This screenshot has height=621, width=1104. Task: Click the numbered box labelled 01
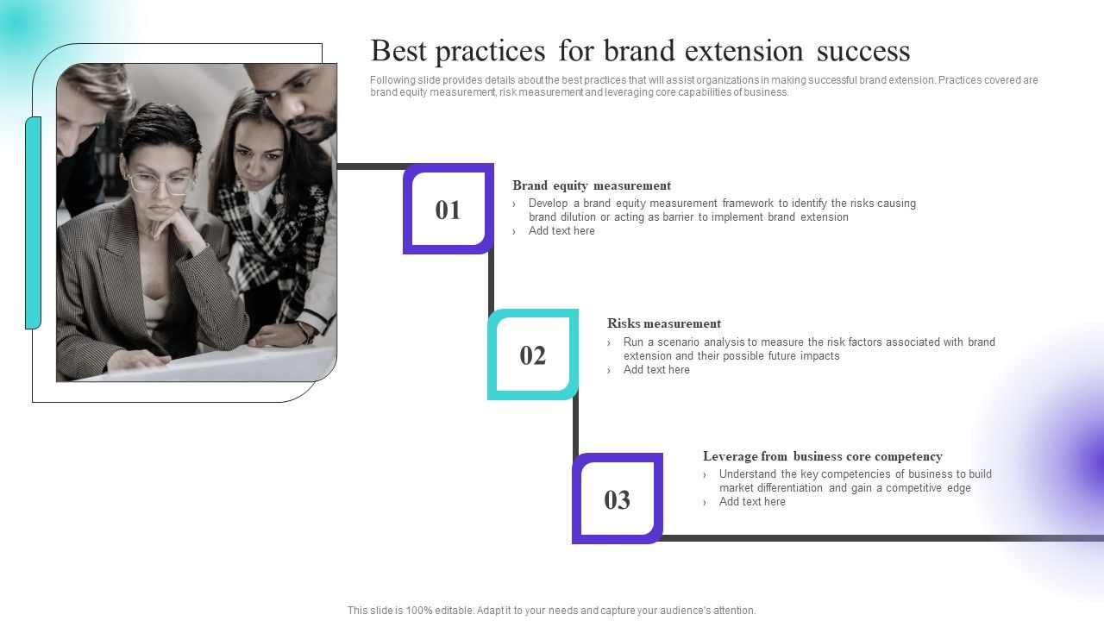(448, 210)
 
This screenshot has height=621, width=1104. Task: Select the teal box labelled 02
(532, 355)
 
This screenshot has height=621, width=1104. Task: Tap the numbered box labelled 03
(617, 499)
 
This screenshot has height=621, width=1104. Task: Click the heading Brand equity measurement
(591, 185)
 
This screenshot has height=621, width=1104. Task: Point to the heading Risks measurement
(663, 323)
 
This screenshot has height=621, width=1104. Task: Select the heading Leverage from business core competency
(822, 456)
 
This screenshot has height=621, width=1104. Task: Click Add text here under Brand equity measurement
(561, 231)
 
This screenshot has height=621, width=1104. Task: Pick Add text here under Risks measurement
(656, 370)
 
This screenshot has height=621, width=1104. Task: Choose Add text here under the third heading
(752, 502)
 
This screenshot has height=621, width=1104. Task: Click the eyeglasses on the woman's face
(160, 183)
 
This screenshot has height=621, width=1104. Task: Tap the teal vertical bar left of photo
(33, 223)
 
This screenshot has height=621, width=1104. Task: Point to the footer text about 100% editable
(551, 611)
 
